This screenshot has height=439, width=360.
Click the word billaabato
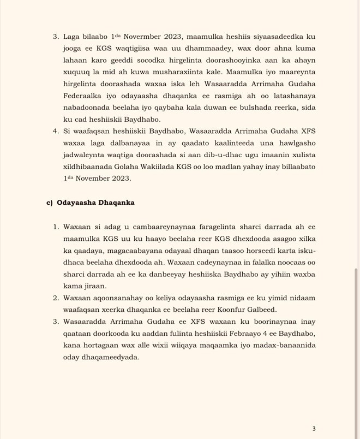pyautogui.click(x=296, y=166)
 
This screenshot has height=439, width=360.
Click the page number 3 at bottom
pyautogui.click(x=314, y=429)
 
